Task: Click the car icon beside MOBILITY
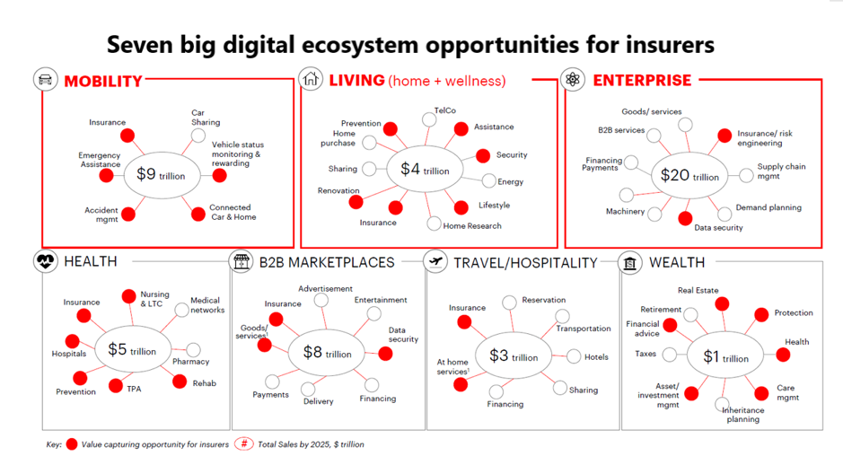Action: (45, 79)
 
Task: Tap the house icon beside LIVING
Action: (311, 78)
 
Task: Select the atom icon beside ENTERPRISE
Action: (573, 79)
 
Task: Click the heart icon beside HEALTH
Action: (45, 261)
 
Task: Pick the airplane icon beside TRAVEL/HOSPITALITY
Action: (435, 262)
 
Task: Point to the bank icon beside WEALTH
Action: (630, 263)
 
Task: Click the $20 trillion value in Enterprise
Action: (689, 175)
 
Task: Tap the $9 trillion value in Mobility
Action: (161, 174)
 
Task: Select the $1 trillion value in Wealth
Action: (725, 356)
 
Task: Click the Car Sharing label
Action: (206, 118)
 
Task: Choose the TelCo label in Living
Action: (444, 110)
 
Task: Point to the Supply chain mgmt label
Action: (781, 171)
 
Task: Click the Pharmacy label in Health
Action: (191, 362)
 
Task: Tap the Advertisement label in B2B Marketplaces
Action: (325, 289)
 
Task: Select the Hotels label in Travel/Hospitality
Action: (596, 357)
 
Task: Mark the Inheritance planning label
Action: (743, 415)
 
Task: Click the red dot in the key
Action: (72, 444)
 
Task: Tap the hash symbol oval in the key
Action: (244, 443)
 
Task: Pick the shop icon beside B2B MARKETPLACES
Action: (241, 262)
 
